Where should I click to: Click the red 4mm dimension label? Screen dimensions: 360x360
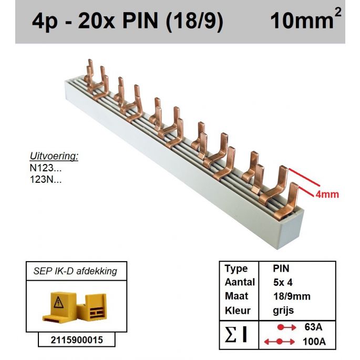(x=326, y=194)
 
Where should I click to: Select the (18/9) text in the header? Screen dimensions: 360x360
(x=194, y=22)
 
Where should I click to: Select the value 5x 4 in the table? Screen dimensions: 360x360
(x=284, y=283)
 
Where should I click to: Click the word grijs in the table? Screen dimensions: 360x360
(x=283, y=310)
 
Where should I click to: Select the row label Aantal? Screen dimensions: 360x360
(x=239, y=283)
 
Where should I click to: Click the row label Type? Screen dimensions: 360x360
(x=236, y=269)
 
